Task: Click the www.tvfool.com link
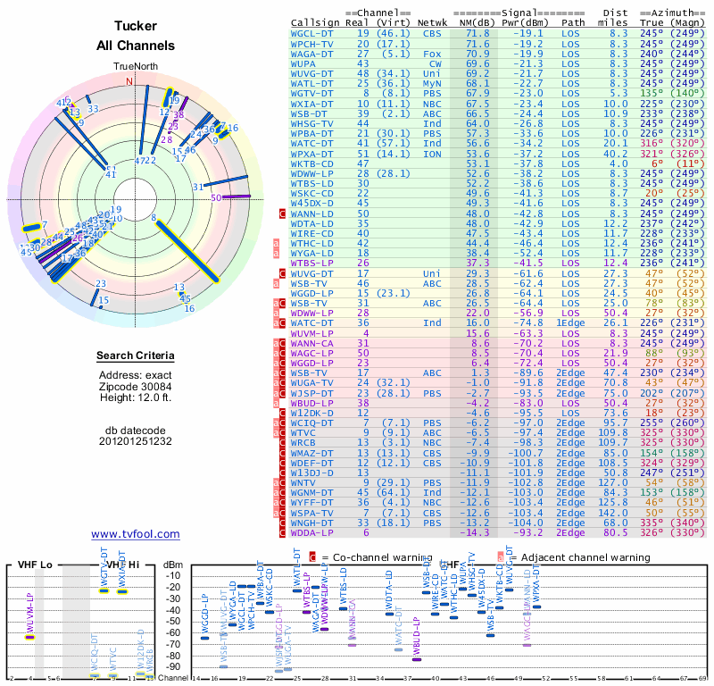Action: [x=135, y=534]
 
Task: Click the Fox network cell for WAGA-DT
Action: [x=432, y=54]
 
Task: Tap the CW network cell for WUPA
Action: [x=435, y=64]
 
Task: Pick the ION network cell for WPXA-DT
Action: [x=432, y=153]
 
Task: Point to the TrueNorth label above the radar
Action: [x=135, y=67]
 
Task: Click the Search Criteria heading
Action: [x=135, y=356]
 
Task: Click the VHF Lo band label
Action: [x=34, y=565]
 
